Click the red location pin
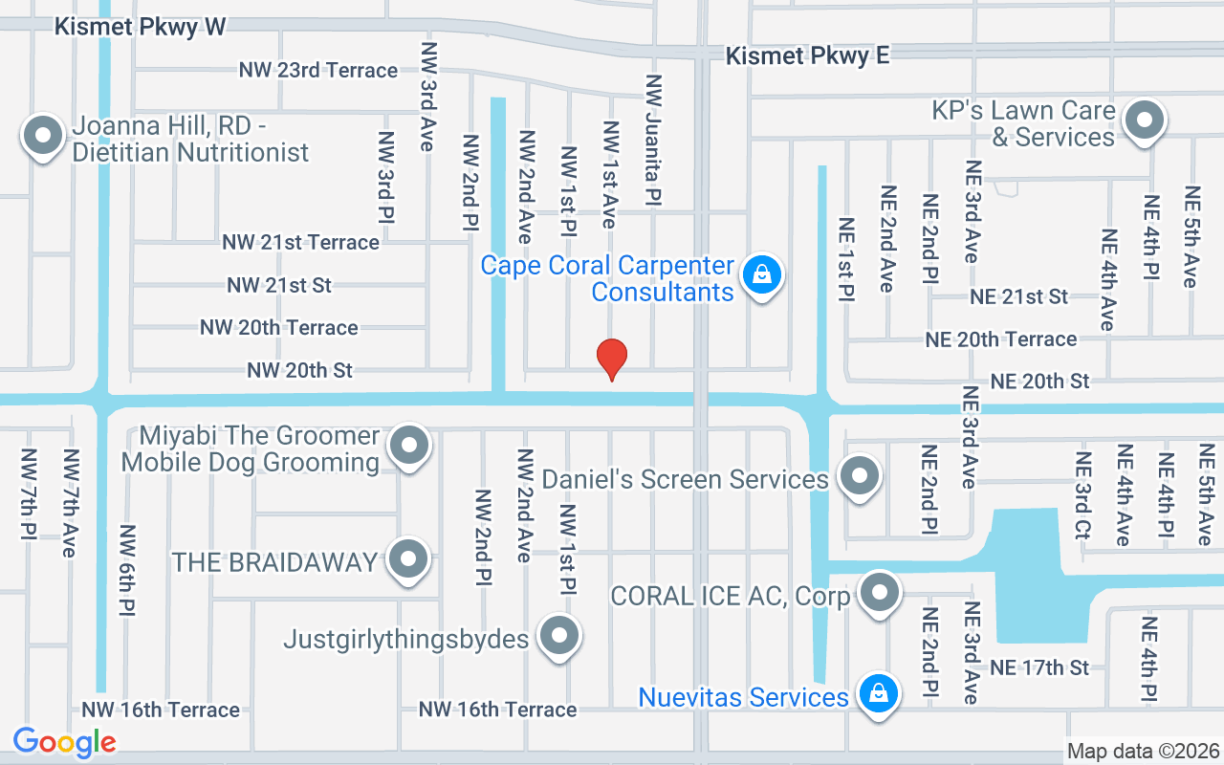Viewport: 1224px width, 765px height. tap(612, 360)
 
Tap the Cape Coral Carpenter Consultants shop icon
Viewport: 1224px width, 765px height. tap(761, 275)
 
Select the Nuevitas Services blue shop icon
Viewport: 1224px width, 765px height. tap(877, 693)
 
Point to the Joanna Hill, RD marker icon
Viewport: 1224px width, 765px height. tap(42, 136)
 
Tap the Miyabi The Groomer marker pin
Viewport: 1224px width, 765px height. tap(410, 446)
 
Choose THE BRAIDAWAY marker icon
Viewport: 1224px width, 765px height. tap(409, 559)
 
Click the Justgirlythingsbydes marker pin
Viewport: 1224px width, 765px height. tap(559, 636)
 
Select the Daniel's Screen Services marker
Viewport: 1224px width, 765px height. tap(858, 474)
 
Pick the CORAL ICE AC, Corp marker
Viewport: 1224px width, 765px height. tap(879, 593)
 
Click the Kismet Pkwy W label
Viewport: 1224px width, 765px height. tap(140, 27)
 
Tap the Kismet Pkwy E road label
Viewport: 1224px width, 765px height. tap(807, 56)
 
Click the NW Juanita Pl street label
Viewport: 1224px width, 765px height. tap(654, 142)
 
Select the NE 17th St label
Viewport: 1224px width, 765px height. tap(1040, 667)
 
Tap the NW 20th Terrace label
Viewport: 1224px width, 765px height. tap(279, 328)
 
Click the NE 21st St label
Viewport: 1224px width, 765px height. tap(1018, 297)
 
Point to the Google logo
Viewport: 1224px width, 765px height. tap(64, 742)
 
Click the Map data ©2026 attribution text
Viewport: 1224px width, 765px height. tap(1143, 752)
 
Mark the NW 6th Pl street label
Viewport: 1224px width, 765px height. tap(127, 570)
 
